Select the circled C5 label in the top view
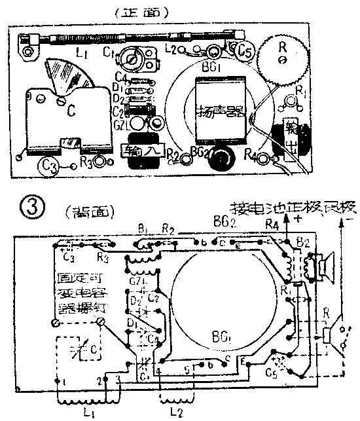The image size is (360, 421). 245,50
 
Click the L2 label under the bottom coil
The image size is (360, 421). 175,413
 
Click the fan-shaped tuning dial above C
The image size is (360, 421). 66,79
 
